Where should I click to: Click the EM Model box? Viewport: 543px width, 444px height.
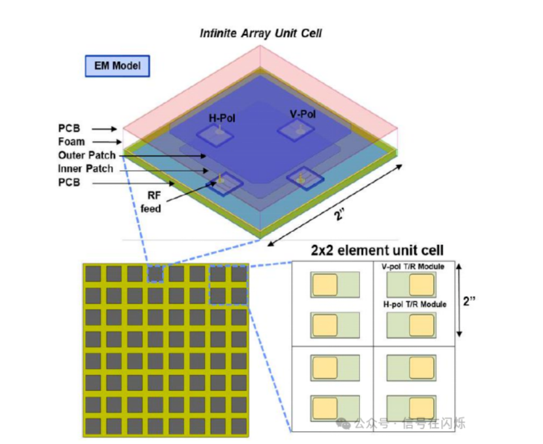(x=117, y=66)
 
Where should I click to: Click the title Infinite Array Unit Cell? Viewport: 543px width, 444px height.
(x=261, y=33)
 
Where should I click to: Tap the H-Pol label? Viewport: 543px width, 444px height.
(x=222, y=118)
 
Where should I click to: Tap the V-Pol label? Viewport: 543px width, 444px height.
(x=303, y=114)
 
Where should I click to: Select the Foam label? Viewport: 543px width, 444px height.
(x=72, y=142)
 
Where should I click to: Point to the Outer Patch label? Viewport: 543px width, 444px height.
(x=86, y=155)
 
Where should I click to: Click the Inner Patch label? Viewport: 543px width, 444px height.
(x=86, y=169)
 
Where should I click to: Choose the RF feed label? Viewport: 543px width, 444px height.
(x=151, y=202)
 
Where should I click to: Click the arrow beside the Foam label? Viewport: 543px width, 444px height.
(x=107, y=142)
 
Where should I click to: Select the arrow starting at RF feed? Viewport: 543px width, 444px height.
(x=191, y=191)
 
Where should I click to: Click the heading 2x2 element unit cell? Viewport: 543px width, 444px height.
(x=377, y=250)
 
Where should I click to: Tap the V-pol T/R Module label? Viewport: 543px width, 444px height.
(x=413, y=267)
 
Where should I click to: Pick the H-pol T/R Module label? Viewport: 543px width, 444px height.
(x=415, y=304)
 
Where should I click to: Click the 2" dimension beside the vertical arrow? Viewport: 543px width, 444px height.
(x=469, y=301)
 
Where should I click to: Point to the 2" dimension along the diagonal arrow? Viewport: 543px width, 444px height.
(x=339, y=215)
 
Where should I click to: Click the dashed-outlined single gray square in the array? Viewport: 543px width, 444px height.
(x=156, y=274)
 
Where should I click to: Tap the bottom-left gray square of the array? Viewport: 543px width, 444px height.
(x=93, y=426)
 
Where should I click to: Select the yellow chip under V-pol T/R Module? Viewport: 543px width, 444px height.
(x=421, y=285)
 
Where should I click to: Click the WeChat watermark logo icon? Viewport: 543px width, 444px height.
(x=343, y=423)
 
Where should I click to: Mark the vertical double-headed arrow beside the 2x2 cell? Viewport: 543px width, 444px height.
(x=459, y=300)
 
